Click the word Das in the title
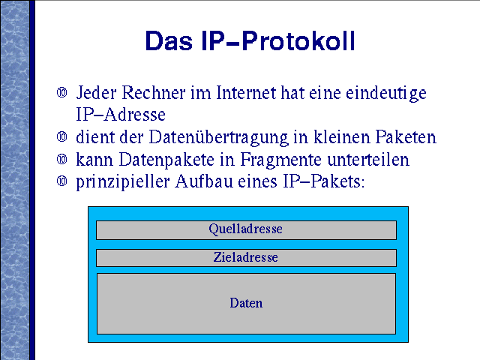click(x=169, y=40)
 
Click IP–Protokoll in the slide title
click(x=278, y=40)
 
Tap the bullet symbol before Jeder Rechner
click(x=61, y=92)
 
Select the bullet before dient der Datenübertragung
click(x=61, y=136)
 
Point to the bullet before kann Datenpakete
click(x=61, y=159)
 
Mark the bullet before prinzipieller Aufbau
click(x=61, y=181)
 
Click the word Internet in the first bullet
click(x=246, y=92)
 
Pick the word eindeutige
click(x=386, y=94)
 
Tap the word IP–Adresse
click(x=121, y=115)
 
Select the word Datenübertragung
click(x=218, y=138)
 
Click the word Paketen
click(x=406, y=136)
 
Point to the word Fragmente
click(x=281, y=160)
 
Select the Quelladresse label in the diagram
click(x=245, y=229)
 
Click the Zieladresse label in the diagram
click(x=245, y=257)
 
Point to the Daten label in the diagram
click(x=246, y=303)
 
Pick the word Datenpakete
click(x=166, y=160)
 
